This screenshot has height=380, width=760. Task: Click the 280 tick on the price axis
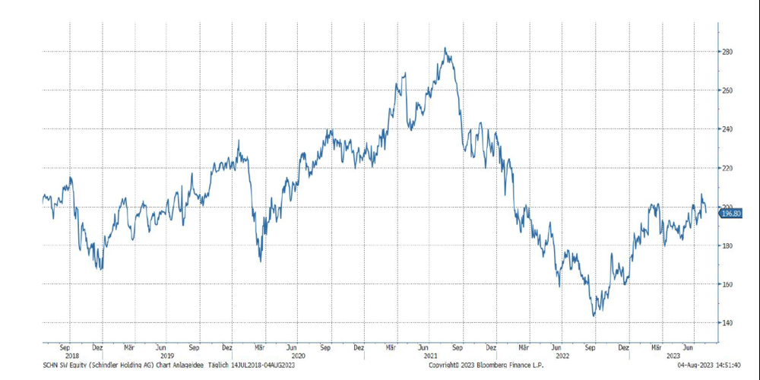(727, 52)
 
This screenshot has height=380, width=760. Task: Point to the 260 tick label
(727, 90)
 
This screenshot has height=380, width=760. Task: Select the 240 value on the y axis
(727, 129)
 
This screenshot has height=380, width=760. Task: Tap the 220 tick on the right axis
(727, 168)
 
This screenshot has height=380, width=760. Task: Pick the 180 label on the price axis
(727, 245)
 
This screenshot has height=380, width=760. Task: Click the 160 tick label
(727, 284)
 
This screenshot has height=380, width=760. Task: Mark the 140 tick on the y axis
(727, 323)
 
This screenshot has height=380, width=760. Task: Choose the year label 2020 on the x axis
(298, 356)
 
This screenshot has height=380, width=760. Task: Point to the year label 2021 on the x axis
(430, 356)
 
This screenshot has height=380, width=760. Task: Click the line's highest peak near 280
(445, 49)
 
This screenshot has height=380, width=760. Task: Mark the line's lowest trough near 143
(594, 315)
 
